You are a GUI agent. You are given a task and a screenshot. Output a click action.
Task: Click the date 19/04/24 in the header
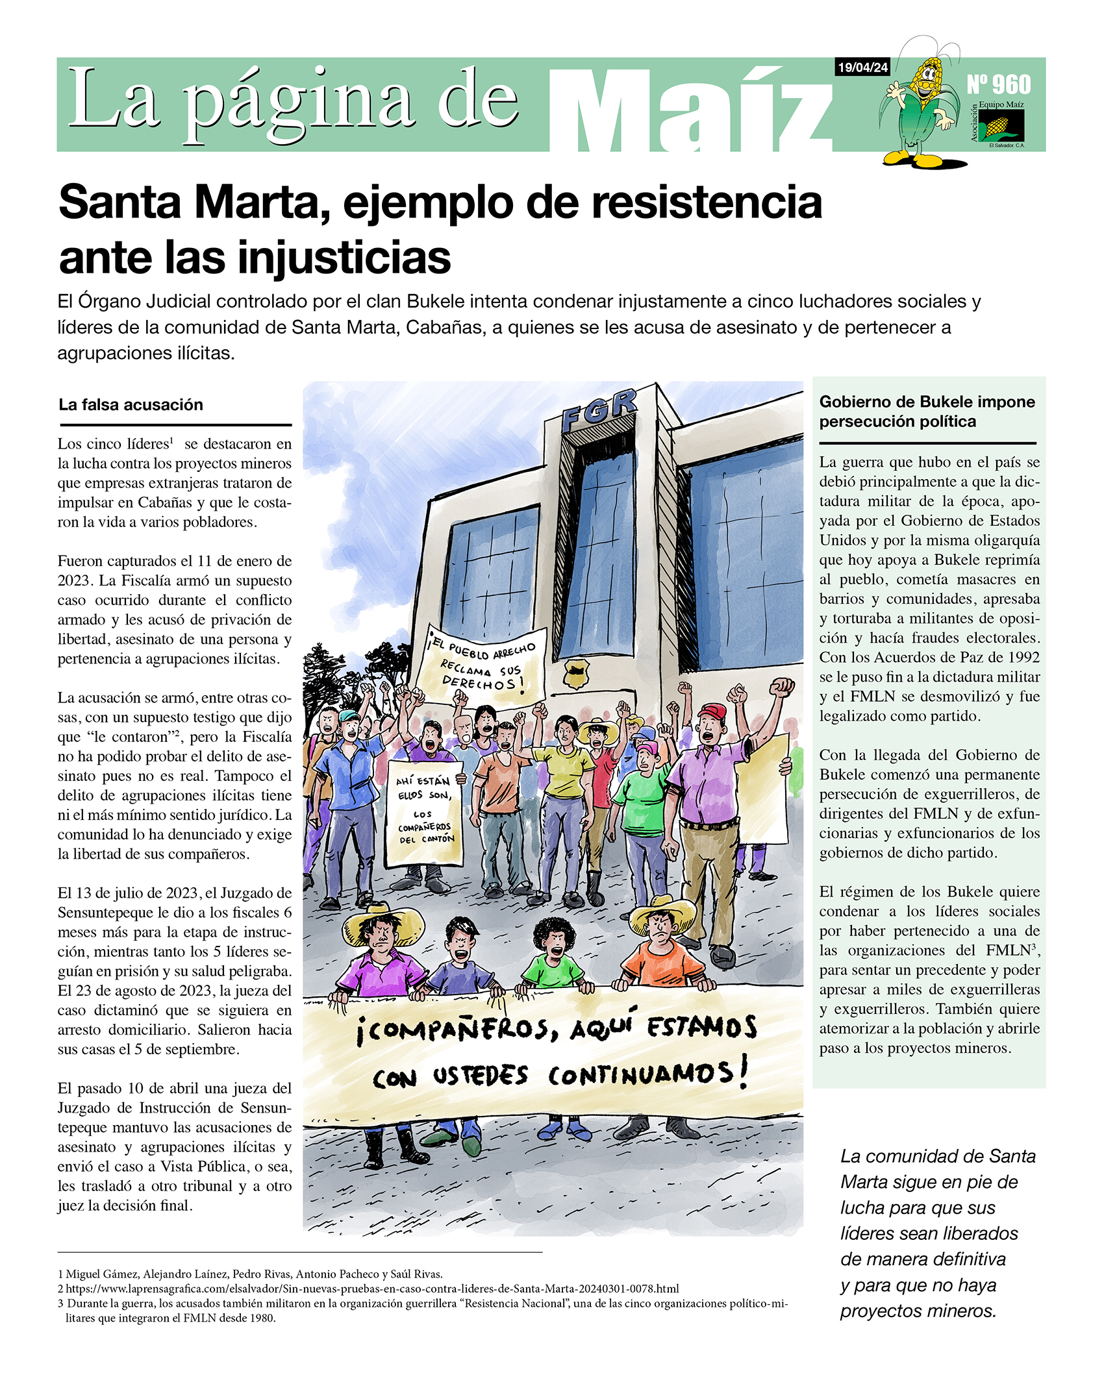(862, 68)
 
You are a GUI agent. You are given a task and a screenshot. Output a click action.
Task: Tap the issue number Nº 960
(998, 84)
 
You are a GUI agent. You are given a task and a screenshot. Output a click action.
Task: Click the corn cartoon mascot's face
(928, 76)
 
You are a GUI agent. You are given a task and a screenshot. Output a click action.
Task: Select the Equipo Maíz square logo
(1001, 125)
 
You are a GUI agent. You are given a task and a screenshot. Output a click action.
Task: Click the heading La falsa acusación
(131, 404)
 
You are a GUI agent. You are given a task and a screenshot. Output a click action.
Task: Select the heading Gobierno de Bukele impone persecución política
(927, 411)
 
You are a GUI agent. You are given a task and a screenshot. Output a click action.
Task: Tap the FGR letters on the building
(598, 410)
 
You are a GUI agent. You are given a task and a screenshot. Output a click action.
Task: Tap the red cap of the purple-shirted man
(712, 711)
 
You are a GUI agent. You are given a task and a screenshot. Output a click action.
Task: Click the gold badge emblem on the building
(575, 673)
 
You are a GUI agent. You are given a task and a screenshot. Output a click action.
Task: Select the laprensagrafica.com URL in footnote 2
(372, 1289)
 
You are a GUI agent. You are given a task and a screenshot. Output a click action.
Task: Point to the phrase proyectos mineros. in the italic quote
(918, 1311)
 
